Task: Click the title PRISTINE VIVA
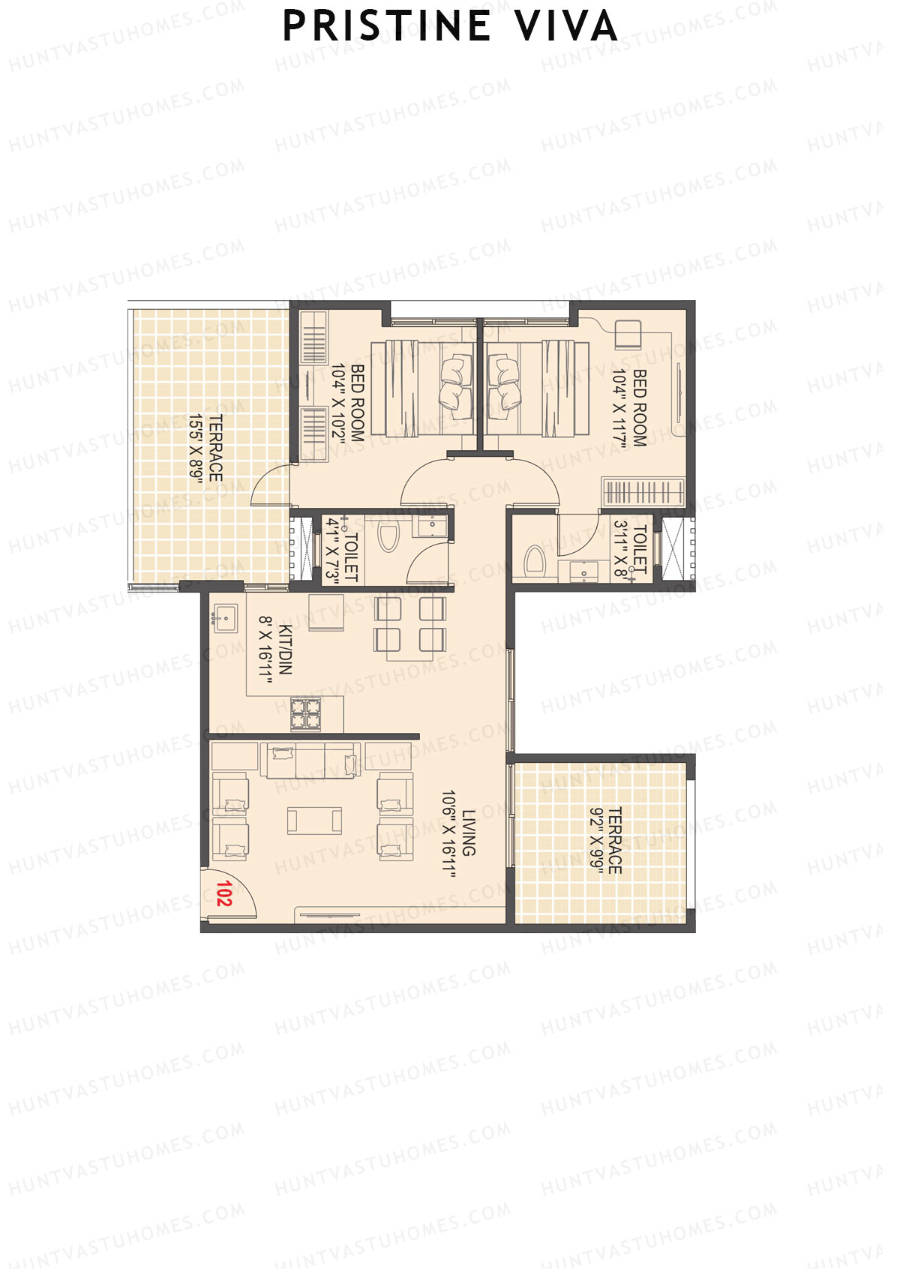450,26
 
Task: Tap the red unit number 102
223,893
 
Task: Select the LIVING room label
460,833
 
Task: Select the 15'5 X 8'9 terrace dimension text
206,448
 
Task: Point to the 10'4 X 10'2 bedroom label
348,403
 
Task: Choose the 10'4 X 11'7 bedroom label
630,407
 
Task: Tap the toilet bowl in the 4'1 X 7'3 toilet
388,536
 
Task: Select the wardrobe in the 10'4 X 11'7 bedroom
643,492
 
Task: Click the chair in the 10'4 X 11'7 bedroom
628,335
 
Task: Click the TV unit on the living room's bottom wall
327,914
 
